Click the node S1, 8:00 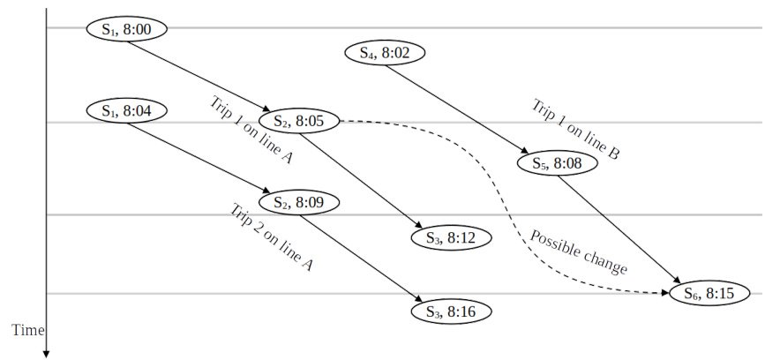pos(127,29)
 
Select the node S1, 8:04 pos(127,111)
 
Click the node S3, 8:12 pos(450,237)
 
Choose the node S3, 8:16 pos(450,311)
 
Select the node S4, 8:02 pos(385,53)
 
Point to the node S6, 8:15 pos(709,293)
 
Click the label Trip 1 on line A pos(251,131)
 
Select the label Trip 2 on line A pos(272,236)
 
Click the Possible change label pos(579,253)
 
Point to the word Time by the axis pos(27,330)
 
